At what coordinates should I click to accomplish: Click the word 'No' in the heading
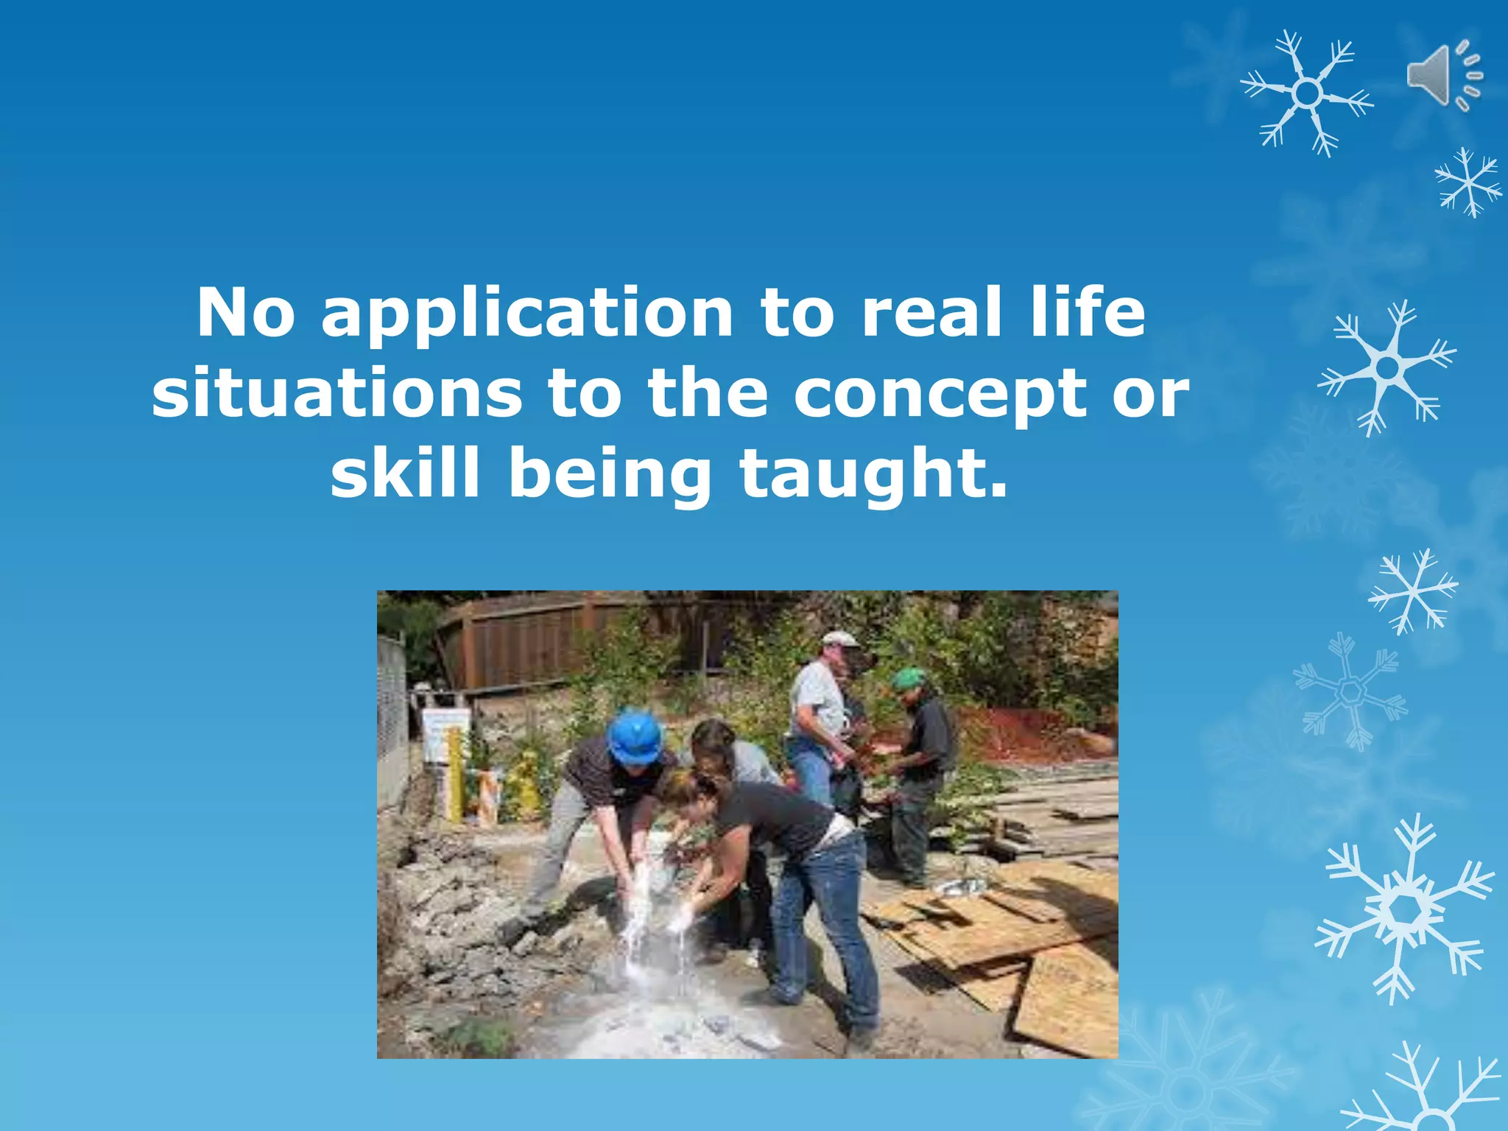[246, 313]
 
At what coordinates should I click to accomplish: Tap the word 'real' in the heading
[932, 313]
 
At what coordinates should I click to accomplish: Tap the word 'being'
[610, 475]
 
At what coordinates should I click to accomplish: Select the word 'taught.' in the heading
[873, 475]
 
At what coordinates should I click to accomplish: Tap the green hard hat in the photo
[909, 677]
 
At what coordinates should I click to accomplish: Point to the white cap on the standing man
[839, 638]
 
